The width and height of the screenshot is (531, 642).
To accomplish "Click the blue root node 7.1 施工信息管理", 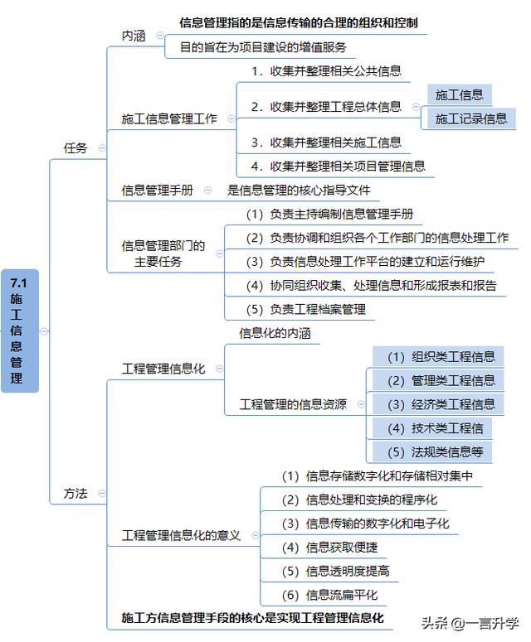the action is (20, 331).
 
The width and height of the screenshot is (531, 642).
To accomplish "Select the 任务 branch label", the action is (76, 147).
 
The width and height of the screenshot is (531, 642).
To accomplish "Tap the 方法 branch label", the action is (76, 494).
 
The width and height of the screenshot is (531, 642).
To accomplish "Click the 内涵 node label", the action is (134, 36).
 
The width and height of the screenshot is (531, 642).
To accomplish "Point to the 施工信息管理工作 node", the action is (169, 118).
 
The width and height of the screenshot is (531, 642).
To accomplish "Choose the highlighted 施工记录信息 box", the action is (471, 118).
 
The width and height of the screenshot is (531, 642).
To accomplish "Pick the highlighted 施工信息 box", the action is (460, 95).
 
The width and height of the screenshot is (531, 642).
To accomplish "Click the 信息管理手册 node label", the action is (158, 190).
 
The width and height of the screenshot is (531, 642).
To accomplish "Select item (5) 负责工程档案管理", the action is (306, 309).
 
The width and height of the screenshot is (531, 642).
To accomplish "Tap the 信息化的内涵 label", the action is (275, 333).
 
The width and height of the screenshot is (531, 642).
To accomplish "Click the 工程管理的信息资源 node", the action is (293, 404).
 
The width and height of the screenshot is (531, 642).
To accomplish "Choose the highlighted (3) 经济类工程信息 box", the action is (438, 404).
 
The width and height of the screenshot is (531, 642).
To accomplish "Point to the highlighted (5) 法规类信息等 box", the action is (432, 452).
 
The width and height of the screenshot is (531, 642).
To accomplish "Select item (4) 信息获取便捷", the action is (329, 548).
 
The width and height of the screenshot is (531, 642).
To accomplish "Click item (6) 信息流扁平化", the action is (329, 595).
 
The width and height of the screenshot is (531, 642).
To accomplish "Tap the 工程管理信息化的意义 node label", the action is (181, 535).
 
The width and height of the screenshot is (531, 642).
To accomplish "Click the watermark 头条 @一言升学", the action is (470, 623).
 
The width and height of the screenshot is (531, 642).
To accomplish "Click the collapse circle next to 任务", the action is (102, 147).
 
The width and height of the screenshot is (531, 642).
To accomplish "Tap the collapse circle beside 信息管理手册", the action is (208, 190).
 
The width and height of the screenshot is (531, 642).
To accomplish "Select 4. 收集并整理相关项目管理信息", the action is (339, 167).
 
